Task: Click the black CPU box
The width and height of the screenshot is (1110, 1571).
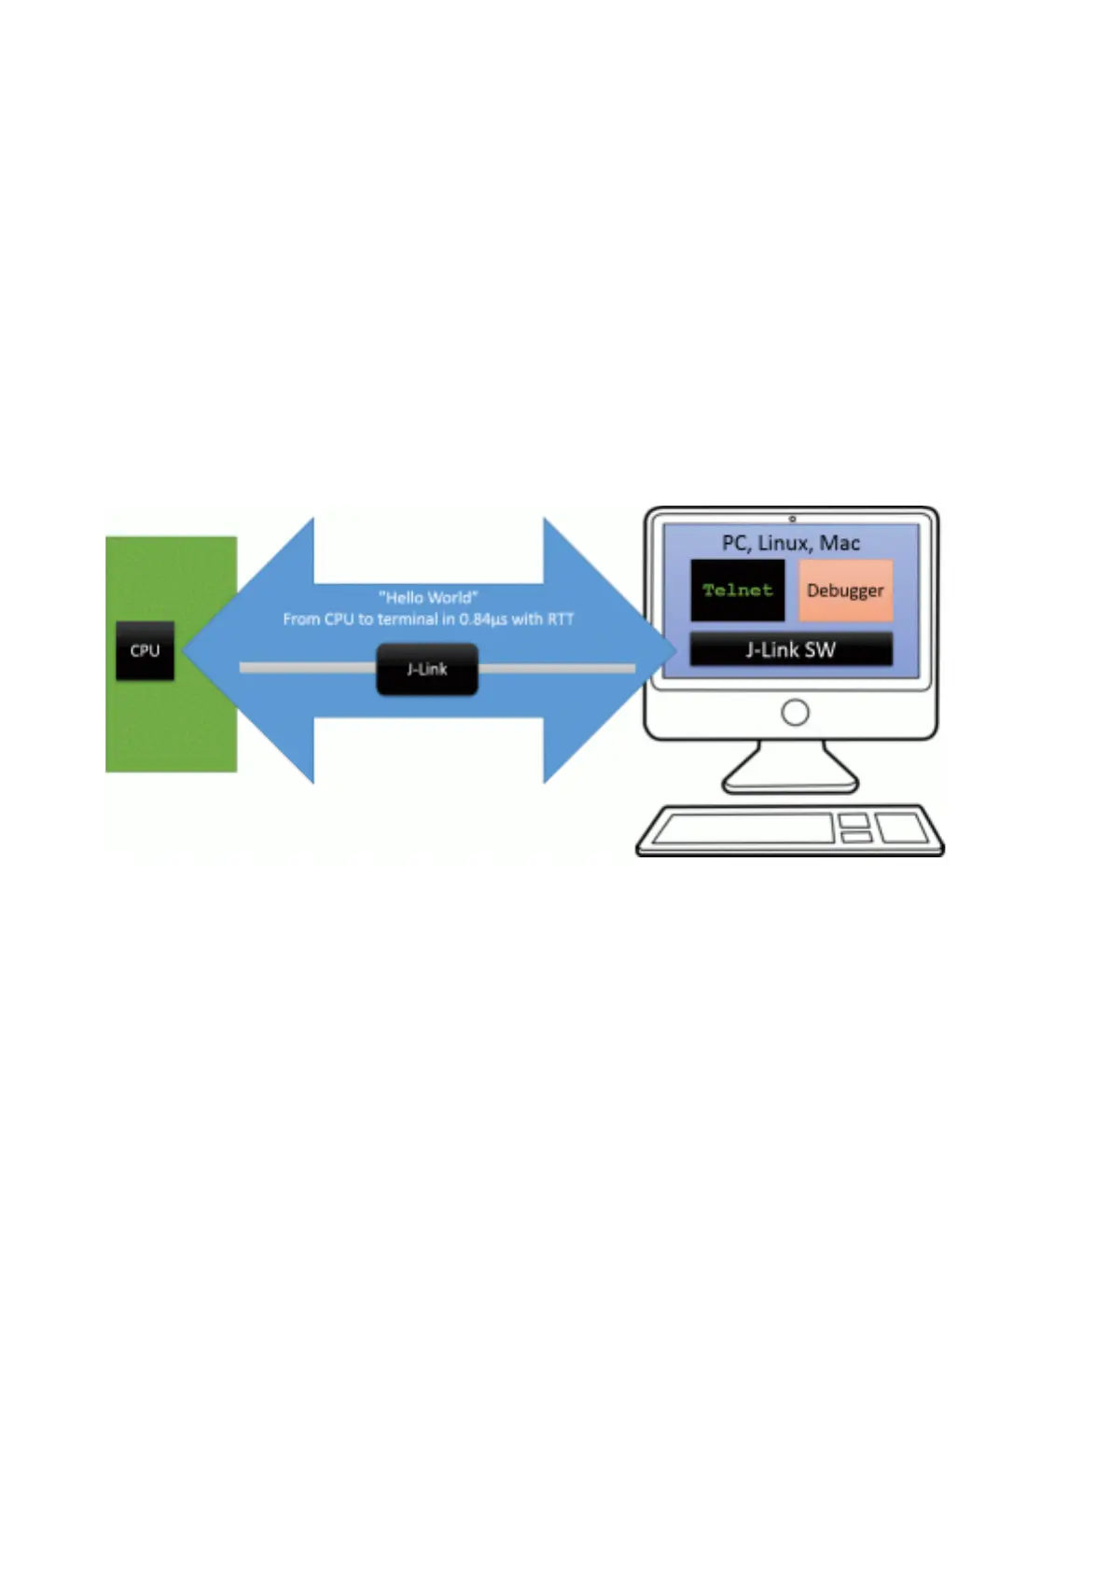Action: pyautogui.click(x=145, y=650)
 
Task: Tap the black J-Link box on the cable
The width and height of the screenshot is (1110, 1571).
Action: pyautogui.click(x=426, y=669)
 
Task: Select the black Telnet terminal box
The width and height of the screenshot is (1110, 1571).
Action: pyautogui.click(x=737, y=590)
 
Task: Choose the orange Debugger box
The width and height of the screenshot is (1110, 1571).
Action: pyautogui.click(x=845, y=590)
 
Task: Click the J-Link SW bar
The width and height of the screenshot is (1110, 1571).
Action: pyautogui.click(x=790, y=649)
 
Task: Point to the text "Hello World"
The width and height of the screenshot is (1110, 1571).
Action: pyautogui.click(x=428, y=597)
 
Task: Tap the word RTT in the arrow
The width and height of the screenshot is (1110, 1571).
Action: pyautogui.click(x=561, y=619)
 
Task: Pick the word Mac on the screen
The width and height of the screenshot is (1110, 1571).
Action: pyautogui.click(x=839, y=543)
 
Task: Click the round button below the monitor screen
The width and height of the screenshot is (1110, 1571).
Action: pyautogui.click(x=795, y=713)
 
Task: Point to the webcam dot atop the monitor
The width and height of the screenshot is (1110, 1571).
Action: pyautogui.click(x=792, y=519)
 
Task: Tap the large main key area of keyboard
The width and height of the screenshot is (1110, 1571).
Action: pyautogui.click(x=742, y=827)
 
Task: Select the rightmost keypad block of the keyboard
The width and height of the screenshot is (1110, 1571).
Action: pyautogui.click(x=901, y=827)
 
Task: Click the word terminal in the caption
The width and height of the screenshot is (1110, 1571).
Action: pyautogui.click(x=407, y=619)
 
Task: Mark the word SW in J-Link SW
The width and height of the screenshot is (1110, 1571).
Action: pyautogui.click(x=820, y=649)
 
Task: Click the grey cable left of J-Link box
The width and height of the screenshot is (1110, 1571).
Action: pyautogui.click(x=308, y=668)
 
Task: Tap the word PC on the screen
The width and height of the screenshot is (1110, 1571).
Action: pyautogui.click(x=735, y=543)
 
